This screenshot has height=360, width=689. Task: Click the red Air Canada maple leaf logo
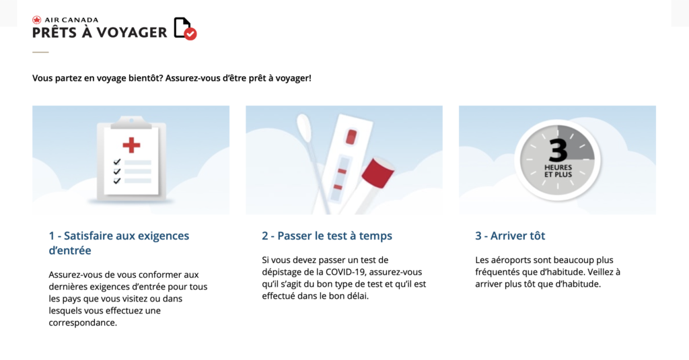[x=36, y=20]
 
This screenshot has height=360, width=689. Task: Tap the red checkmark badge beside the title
[x=190, y=34]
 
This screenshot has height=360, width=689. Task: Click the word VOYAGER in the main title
[x=132, y=32]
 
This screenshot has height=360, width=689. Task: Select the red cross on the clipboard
[x=131, y=145]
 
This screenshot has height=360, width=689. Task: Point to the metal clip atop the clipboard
[x=131, y=122]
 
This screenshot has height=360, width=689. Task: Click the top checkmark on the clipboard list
[x=117, y=161]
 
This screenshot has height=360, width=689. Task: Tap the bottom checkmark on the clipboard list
[x=117, y=180]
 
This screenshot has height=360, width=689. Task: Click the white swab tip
[x=304, y=127]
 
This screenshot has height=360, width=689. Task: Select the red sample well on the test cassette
[x=351, y=137]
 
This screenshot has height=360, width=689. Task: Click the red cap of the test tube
[x=377, y=172]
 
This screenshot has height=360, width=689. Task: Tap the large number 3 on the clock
[x=558, y=149]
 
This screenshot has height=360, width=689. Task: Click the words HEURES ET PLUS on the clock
[x=558, y=171]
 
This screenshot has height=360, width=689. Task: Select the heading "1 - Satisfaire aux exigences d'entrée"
[x=119, y=243]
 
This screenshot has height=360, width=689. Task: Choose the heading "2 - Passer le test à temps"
[x=327, y=236]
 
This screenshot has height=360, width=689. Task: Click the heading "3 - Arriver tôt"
[x=510, y=236]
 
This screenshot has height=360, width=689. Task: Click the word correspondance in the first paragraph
[x=83, y=322]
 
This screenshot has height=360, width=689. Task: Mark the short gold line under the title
[x=40, y=52]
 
